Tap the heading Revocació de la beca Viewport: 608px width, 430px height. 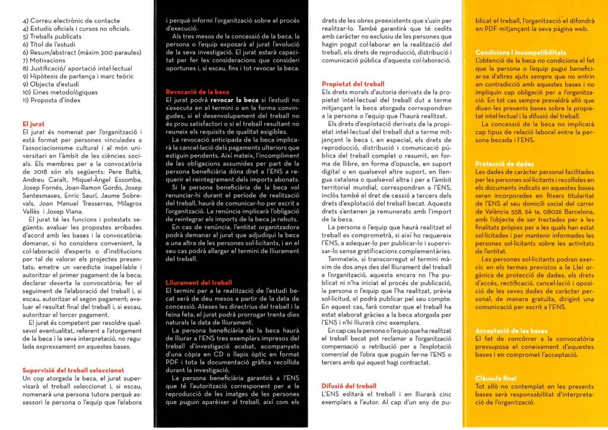click(x=197, y=93)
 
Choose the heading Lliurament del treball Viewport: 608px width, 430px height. click(x=198, y=283)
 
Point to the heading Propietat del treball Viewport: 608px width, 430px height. click(x=353, y=84)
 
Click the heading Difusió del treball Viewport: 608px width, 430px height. click(x=349, y=385)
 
